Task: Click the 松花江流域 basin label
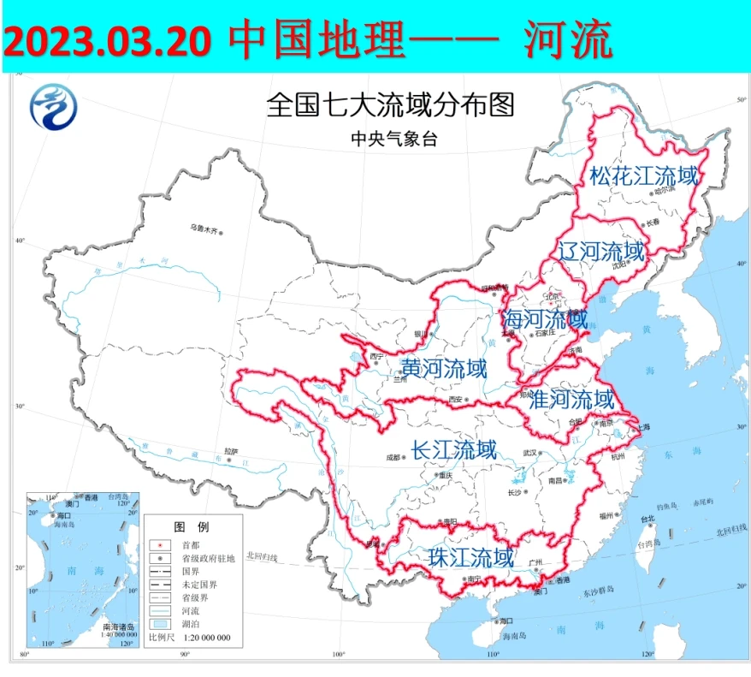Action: tap(644, 176)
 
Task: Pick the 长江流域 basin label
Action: tap(453, 449)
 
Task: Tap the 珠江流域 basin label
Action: tap(471, 558)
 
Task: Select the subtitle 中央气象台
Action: tap(393, 139)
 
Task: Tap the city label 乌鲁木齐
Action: tap(204, 229)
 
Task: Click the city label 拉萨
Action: tap(230, 451)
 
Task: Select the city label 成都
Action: tap(393, 457)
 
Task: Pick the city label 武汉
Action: tap(530, 453)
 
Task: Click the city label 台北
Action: tap(648, 518)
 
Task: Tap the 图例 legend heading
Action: tap(191, 526)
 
